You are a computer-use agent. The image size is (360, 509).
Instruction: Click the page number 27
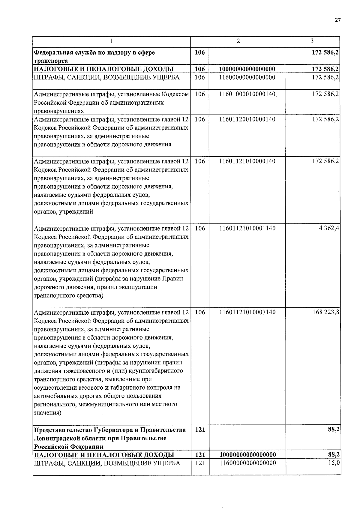[x=338, y=20]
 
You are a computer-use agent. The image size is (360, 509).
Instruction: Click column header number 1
[x=111, y=41]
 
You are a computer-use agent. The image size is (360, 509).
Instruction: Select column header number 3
[x=312, y=41]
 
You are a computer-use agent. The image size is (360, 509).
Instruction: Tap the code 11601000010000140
[x=247, y=94]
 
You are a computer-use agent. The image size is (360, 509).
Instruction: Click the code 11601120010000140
[x=247, y=119]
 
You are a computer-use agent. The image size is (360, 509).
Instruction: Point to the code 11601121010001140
[x=247, y=228]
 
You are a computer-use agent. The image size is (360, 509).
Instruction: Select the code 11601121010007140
[x=247, y=312]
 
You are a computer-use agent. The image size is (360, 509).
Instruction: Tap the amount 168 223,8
[x=326, y=312]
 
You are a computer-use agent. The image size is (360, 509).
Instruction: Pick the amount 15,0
[x=334, y=463]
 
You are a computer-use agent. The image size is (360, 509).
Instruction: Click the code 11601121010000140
[x=247, y=161]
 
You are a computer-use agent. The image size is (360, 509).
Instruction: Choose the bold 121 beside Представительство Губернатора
[x=200, y=430]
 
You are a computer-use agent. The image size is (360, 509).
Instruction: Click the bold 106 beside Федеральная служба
[x=199, y=52]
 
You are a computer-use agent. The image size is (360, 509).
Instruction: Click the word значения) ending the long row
[x=48, y=413]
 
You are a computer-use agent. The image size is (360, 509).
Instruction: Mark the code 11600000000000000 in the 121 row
[x=247, y=463]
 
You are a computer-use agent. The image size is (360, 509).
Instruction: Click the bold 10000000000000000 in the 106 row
[x=247, y=69]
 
